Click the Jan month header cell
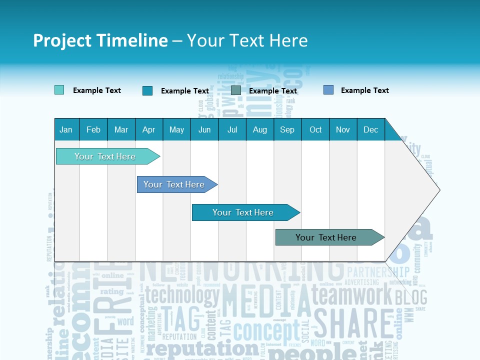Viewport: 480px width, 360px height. point(66,129)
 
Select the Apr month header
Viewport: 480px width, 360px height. point(149,129)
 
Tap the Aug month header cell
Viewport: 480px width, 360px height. point(260,129)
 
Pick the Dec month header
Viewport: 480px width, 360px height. point(370,129)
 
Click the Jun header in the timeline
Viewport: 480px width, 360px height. point(204,129)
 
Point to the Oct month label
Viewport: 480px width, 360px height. point(315,129)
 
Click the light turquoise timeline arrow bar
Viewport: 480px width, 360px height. point(105,156)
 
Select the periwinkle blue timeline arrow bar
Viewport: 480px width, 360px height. point(174,184)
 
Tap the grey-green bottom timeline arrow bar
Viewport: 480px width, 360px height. point(326,237)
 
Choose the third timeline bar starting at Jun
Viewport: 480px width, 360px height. point(243,212)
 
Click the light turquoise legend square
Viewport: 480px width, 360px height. point(59,90)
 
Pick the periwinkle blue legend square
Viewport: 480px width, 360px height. point(328,90)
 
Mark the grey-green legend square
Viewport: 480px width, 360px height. point(236,90)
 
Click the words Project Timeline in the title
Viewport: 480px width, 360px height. point(100,40)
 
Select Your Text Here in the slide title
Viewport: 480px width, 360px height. point(247,40)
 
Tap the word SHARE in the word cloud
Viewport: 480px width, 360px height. point(353,324)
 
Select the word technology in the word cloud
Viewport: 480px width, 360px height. point(182,295)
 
